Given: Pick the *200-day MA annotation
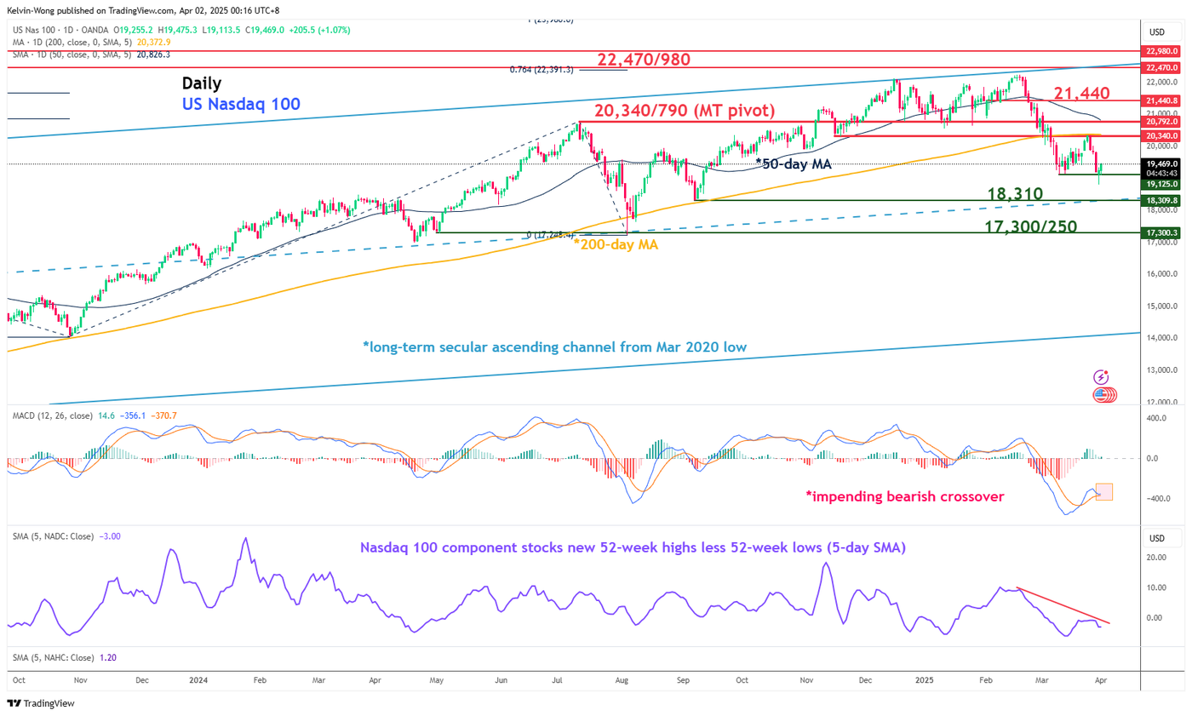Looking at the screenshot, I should pos(614,244).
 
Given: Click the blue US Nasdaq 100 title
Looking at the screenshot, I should pos(241,104).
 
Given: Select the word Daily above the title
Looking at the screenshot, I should pos(202,83).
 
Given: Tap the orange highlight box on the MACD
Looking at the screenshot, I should pos(1103,492).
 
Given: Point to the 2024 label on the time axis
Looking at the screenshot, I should pos(198,681).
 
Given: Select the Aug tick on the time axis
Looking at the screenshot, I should pos(622,681).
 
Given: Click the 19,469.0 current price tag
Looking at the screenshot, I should pos(1161,163).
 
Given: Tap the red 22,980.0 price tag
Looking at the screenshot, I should pos(1161,50).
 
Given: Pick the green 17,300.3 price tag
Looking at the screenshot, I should pos(1161,232).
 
